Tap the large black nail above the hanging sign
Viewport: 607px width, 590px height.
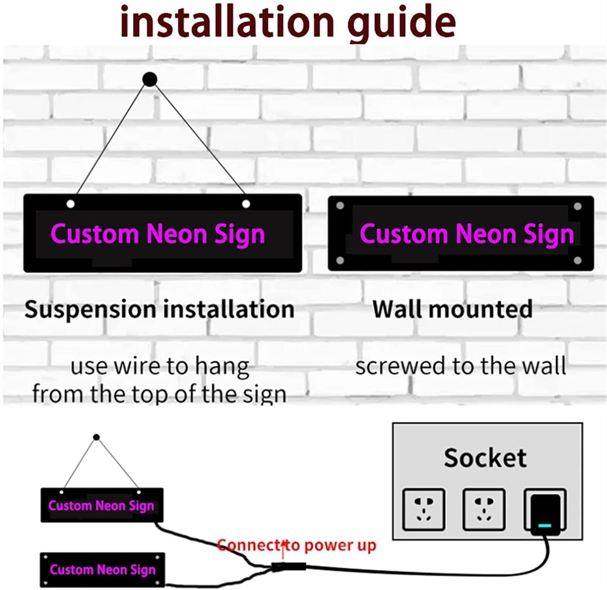coord(150,79)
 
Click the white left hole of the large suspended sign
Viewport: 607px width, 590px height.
coord(71,204)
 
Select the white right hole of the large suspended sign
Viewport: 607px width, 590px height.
coord(246,204)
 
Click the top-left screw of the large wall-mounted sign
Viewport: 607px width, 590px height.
coord(340,206)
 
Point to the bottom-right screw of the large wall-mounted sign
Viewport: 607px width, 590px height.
coord(578,260)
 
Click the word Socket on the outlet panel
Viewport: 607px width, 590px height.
coord(485,457)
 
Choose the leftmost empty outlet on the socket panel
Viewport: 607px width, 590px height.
coord(424,509)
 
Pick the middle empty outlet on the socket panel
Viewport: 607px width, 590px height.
coord(484,509)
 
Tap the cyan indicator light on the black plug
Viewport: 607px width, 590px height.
coord(545,526)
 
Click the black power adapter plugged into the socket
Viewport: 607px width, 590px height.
coord(545,514)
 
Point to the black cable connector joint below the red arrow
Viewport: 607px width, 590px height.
coord(289,567)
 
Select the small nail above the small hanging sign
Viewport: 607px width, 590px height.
coord(96,437)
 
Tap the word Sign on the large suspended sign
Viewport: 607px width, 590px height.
coord(239,235)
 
